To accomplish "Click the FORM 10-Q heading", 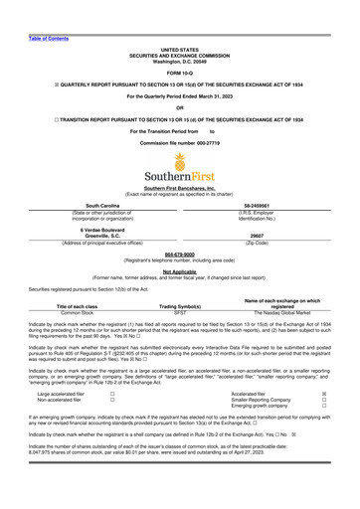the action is pos(179,73).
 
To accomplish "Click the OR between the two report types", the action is pos(179,107).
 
